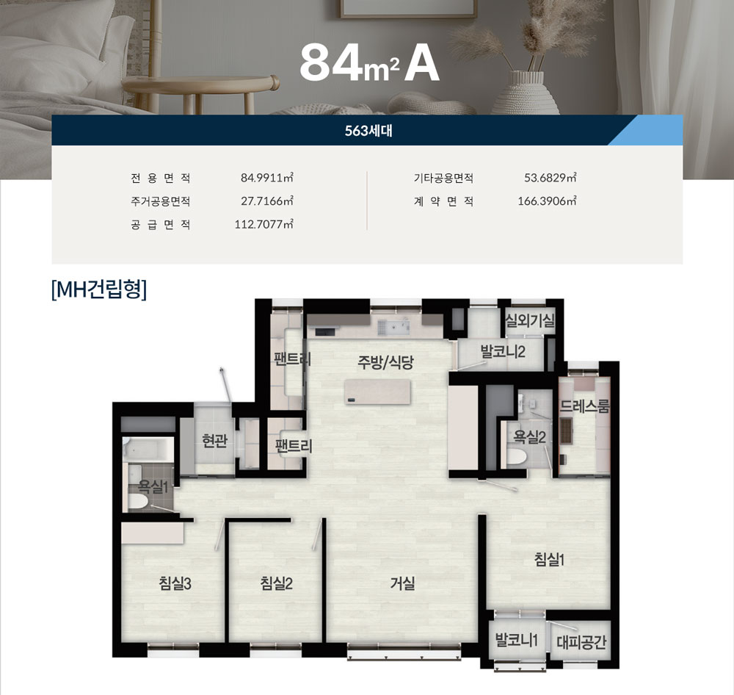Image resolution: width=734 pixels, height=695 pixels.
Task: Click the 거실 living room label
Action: coord(402,583)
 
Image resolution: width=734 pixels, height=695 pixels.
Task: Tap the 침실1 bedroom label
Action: coord(549,559)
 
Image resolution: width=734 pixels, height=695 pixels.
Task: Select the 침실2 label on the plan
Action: coord(276,583)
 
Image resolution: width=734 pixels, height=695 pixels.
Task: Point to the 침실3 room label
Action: coord(175,583)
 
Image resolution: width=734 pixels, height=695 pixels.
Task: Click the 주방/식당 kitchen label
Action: coord(385,361)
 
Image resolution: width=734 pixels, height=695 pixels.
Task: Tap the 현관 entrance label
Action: coord(214,441)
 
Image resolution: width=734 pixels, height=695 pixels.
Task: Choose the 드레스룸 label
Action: coord(585,406)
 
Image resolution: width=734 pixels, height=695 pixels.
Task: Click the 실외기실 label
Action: coord(531,320)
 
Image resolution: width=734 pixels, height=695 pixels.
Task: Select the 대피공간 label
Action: coord(581,641)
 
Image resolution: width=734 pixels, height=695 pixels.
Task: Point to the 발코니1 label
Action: coord(516,640)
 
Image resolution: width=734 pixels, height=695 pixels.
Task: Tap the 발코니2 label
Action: coord(503,351)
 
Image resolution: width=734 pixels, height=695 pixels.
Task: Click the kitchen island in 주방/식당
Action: coord(377,392)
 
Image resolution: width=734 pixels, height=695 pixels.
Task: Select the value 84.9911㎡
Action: coord(267,178)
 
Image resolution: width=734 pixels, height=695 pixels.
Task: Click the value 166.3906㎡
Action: coord(547,201)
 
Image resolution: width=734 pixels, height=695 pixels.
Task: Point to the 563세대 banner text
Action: coord(368,131)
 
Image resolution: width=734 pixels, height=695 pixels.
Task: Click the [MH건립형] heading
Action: coord(99,289)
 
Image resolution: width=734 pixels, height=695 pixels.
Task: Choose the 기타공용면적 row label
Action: coord(443,178)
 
